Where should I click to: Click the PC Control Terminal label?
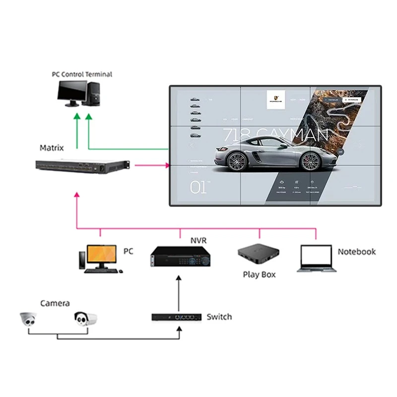coord(82,74)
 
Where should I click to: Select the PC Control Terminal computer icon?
coord(79,94)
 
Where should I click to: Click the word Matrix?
coord(52,148)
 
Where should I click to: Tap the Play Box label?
coord(259,274)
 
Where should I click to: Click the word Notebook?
coord(356,252)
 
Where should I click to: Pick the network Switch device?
coord(176,317)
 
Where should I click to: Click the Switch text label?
coord(219,317)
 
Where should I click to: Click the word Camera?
coord(55,303)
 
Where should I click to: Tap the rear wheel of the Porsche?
coord(311,160)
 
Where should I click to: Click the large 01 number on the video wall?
coord(199,188)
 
